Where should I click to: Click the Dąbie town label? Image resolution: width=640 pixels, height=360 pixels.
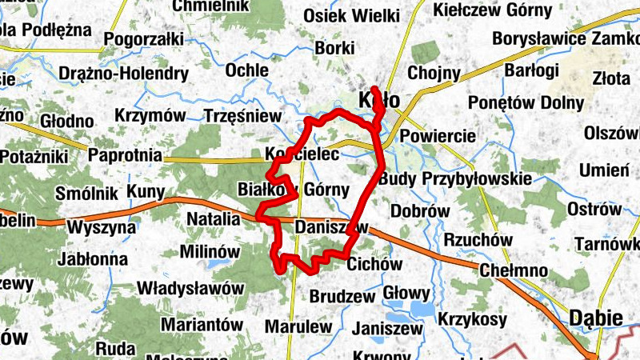pyautogui.click(x=596, y=318)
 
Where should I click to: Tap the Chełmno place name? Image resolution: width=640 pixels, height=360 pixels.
pyautogui.click(x=512, y=270)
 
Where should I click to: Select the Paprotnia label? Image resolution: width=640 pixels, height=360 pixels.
pyautogui.click(x=125, y=154)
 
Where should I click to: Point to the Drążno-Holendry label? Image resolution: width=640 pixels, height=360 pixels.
pyautogui.click(x=123, y=74)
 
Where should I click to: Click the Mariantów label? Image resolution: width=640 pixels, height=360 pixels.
pyautogui.click(x=202, y=324)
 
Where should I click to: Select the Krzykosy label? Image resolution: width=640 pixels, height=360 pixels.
pyautogui.click(x=472, y=319)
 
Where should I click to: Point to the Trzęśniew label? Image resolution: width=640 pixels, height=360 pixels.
pyautogui.click(x=242, y=117)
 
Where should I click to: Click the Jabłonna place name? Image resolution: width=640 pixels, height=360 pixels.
pyautogui.click(x=93, y=258)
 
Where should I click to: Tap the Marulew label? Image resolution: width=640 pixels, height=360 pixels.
pyautogui.click(x=298, y=326)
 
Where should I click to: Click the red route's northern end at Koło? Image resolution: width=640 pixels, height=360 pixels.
pyautogui.click(x=374, y=88)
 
